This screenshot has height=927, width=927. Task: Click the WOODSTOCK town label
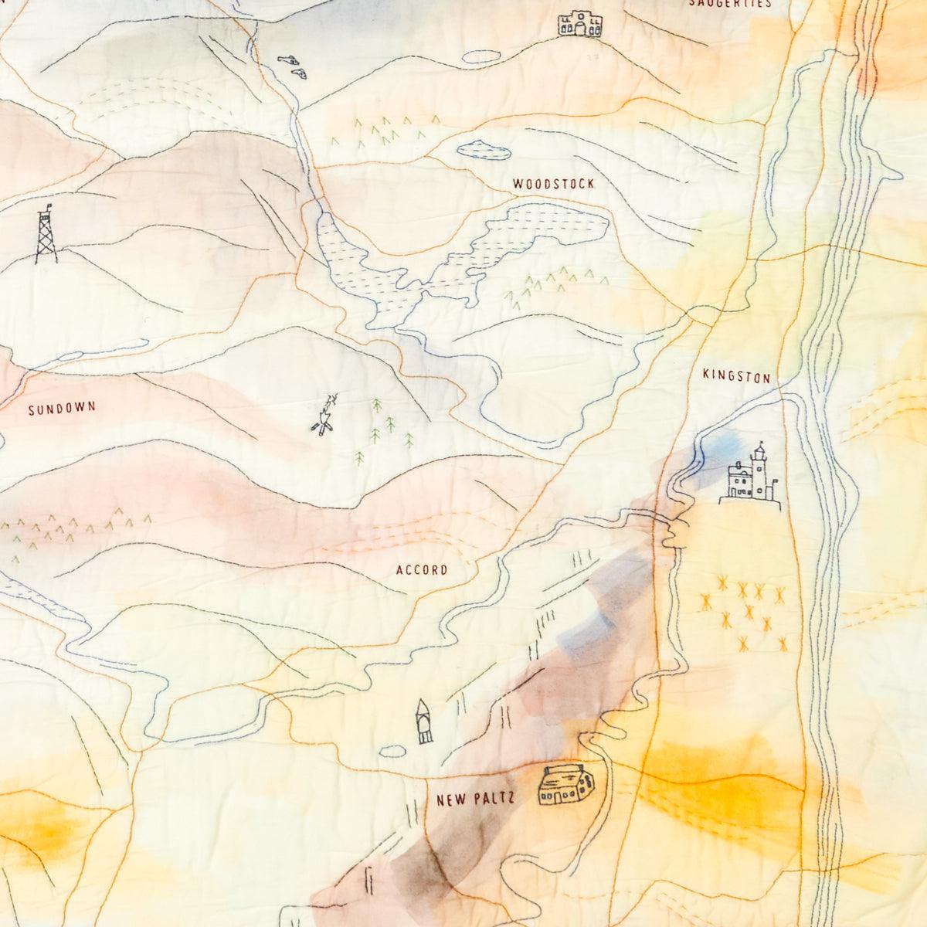pos(553,185)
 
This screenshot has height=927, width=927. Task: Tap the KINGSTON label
pos(736,377)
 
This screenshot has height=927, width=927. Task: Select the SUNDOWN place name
pos(62,409)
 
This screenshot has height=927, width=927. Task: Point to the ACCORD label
pos(421,571)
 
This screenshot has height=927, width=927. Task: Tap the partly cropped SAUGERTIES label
pos(730,4)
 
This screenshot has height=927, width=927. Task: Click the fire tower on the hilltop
pos(46,236)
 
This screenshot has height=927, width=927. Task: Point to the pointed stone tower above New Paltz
pos(423,722)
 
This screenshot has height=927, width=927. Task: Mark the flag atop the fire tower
pos(49,205)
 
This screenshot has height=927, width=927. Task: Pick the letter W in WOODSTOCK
pos(517,185)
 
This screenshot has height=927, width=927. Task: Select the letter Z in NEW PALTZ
pos(510,800)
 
